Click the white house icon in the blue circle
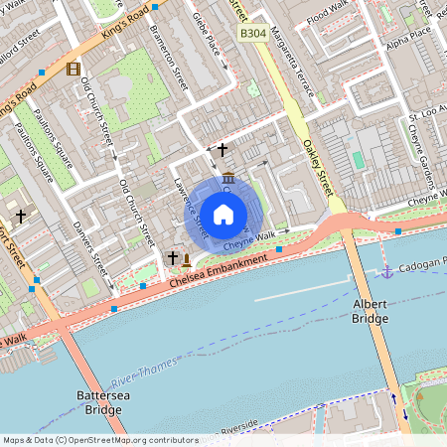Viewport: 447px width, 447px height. tap(223, 214)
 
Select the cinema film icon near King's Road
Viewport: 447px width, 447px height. tap(72, 69)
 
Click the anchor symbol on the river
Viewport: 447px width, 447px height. tap(387, 271)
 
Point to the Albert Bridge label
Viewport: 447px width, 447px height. tap(370, 312)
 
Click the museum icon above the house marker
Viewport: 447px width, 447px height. tap(229, 178)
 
